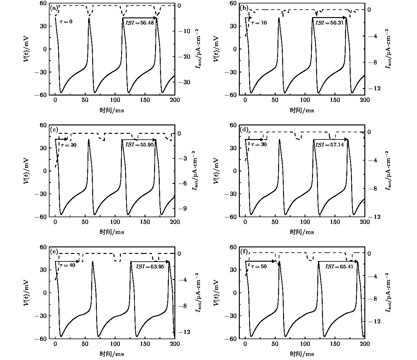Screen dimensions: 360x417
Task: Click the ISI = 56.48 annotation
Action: [140, 23]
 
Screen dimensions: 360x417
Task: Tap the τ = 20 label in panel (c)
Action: [69, 145]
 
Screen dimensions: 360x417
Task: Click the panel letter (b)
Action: [244, 8]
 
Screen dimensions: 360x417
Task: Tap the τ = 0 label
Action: [66, 21]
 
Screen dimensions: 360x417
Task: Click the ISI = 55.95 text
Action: [140, 145]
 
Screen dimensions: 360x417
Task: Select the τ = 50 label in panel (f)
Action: [259, 267]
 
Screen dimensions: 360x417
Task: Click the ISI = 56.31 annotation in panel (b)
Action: [329, 23]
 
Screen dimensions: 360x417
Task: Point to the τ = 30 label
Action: [259, 145]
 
